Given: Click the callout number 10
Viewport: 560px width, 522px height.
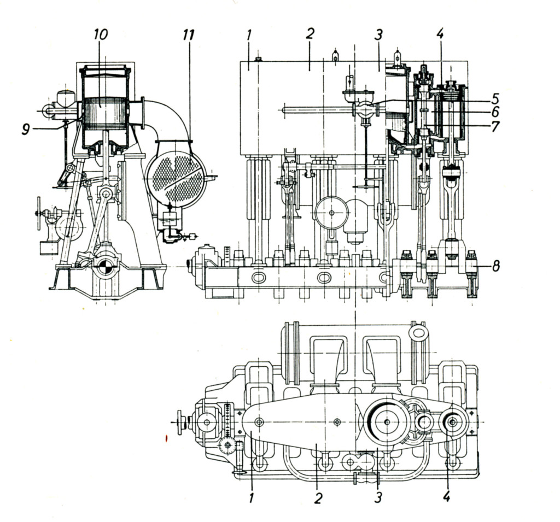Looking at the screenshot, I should tap(100, 35).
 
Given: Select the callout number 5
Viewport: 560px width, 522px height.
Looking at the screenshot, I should tap(494, 100).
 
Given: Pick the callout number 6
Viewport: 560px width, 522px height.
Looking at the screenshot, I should tap(494, 113).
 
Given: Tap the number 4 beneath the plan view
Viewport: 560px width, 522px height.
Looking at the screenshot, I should tap(447, 497).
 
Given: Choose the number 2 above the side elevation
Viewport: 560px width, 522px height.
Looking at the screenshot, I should tap(310, 34).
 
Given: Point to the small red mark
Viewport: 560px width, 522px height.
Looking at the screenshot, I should tap(166, 438).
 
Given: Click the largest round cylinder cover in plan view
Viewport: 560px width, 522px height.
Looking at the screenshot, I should tap(387, 421).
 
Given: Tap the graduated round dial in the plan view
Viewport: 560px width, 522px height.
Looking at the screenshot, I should tap(226, 446).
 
